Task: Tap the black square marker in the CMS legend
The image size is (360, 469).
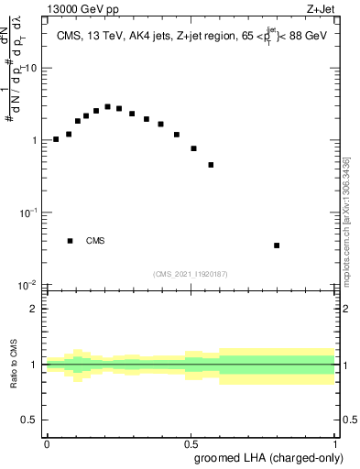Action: point(71,241)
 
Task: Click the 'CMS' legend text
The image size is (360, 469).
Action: point(95,241)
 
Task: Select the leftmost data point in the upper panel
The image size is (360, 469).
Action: point(56,139)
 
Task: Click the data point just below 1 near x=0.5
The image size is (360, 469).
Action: point(194,148)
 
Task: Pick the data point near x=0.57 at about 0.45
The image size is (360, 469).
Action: point(212,165)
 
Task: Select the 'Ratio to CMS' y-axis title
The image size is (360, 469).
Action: point(15,365)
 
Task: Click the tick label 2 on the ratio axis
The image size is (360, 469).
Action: point(34,309)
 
